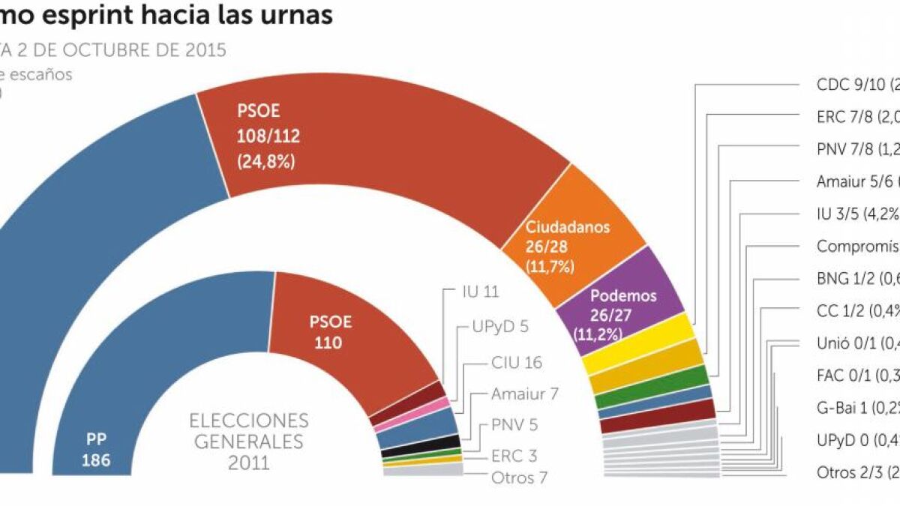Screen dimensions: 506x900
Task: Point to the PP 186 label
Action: (x=95, y=448)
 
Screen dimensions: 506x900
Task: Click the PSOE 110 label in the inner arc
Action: (x=331, y=332)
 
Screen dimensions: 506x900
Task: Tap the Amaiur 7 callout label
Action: (x=525, y=393)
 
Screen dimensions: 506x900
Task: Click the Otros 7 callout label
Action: (x=514, y=478)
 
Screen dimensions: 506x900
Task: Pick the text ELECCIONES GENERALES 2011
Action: (x=248, y=440)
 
